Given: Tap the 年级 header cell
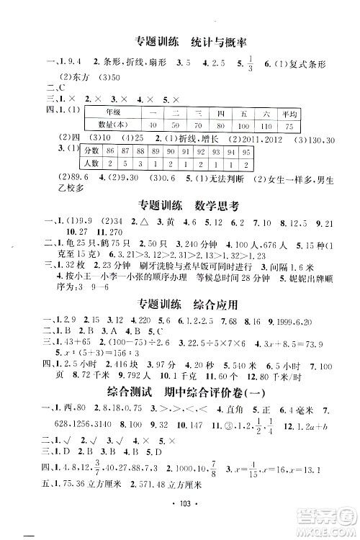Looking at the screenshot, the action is point(112,113).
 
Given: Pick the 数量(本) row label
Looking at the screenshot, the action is point(112,126).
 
